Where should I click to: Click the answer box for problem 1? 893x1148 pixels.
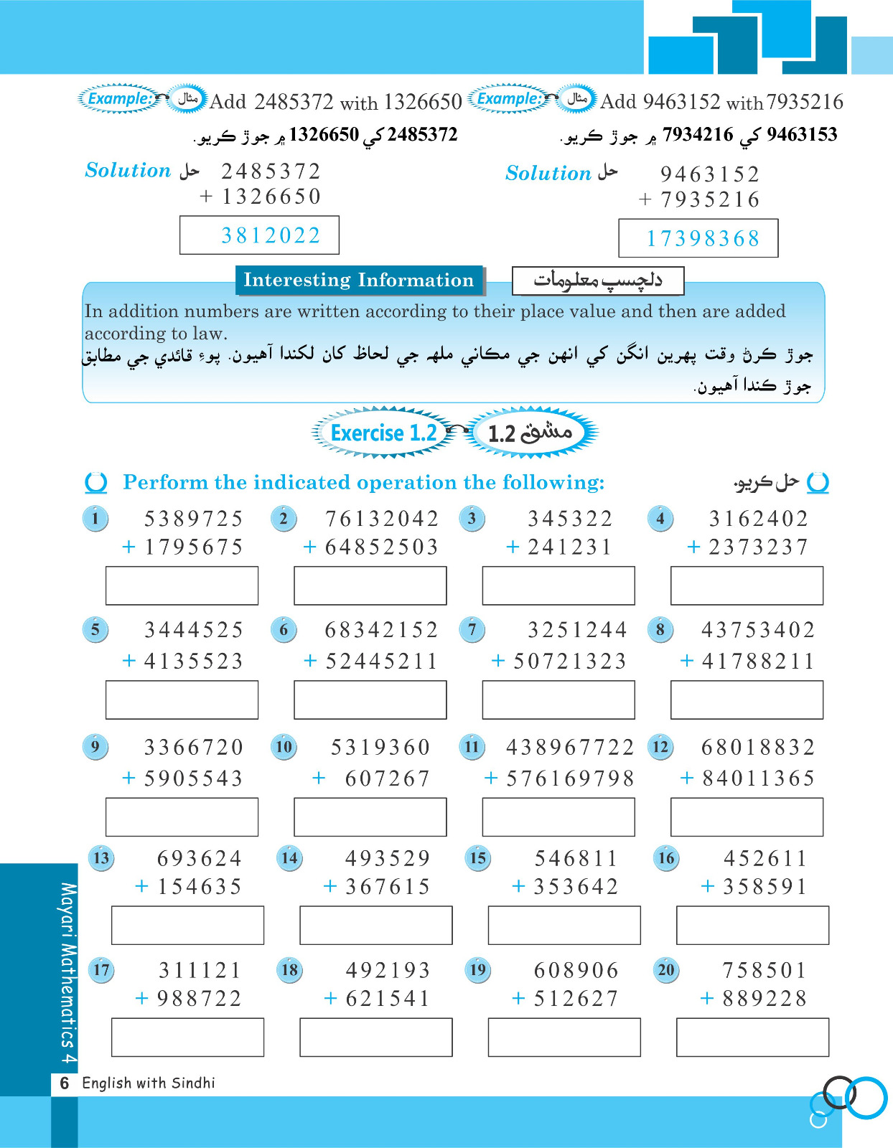(x=182, y=585)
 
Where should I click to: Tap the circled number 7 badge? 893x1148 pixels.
(x=472, y=630)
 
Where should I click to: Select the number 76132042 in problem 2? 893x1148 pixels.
(x=381, y=519)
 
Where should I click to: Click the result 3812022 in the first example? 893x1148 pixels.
(x=271, y=235)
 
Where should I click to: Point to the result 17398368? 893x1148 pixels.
(x=703, y=239)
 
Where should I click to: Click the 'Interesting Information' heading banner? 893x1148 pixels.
(x=359, y=280)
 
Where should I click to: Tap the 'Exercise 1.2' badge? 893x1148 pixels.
(x=383, y=433)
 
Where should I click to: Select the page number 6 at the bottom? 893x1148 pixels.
(x=65, y=1083)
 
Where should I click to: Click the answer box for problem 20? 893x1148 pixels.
(x=752, y=1037)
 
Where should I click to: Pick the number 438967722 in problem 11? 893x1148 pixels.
(x=570, y=748)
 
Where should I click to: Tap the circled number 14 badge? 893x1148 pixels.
(x=290, y=858)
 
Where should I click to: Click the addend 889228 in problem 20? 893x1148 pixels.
(x=765, y=999)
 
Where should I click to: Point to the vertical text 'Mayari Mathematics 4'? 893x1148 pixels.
(x=67, y=973)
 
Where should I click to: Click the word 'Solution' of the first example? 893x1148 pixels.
(x=128, y=171)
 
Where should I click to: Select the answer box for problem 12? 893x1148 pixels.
(x=747, y=817)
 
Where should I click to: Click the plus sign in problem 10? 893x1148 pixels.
(x=319, y=778)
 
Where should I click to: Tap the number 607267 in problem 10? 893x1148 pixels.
(x=387, y=778)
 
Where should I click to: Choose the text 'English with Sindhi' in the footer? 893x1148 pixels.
(x=149, y=1083)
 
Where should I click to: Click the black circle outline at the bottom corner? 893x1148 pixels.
(x=838, y=1092)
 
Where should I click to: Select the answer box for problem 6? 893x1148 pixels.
(x=370, y=700)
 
